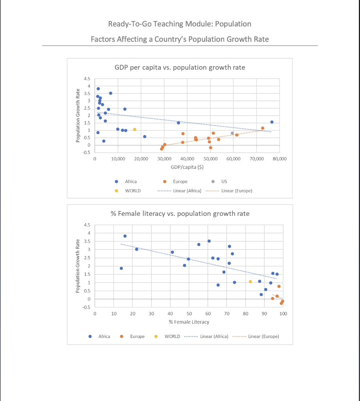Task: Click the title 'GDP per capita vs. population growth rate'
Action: click(180, 67)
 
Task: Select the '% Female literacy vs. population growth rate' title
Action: click(180, 214)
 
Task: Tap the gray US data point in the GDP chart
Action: click(232, 133)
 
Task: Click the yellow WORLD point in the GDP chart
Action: click(135, 129)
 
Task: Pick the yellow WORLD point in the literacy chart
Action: click(250, 282)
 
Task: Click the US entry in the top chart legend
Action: click(224, 182)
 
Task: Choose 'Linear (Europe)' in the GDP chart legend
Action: click(236, 191)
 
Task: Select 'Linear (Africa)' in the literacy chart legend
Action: click(214, 336)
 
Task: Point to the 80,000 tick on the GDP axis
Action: click(280, 159)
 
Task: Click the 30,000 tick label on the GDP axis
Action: click(164, 159)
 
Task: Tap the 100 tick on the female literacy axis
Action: click(283, 314)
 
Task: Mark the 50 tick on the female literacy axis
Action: click(189, 314)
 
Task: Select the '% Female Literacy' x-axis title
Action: click(189, 322)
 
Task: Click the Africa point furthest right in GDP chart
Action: click(272, 122)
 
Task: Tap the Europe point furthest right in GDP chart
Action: click(263, 128)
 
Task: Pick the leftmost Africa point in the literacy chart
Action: click(121, 268)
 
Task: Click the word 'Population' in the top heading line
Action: click(233, 24)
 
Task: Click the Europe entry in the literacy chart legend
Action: click(137, 336)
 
